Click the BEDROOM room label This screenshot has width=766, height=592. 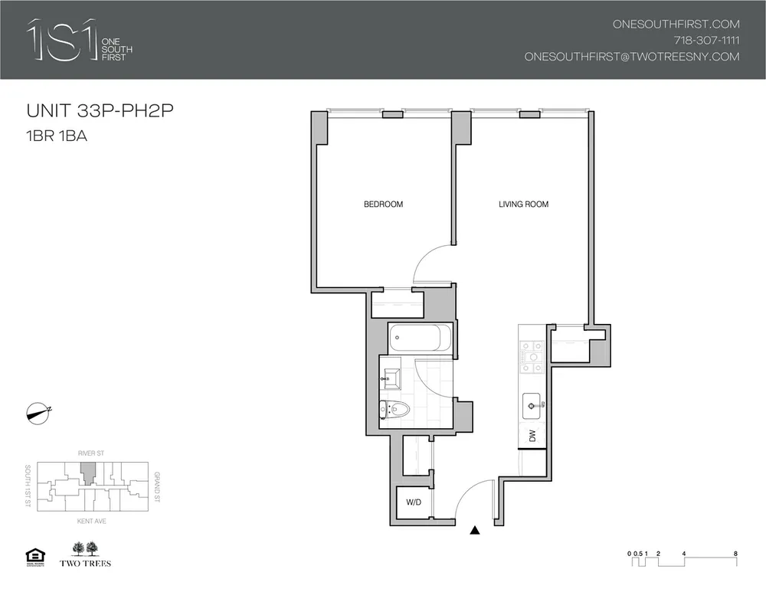[383, 204]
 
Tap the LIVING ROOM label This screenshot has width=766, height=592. [523, 204]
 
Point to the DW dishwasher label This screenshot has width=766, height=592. [532, 437]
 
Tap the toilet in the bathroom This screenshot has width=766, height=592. [394, 410]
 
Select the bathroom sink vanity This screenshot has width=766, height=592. [393, 377]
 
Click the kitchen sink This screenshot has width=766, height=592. [532, 404]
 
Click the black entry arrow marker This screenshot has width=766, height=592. [475, 529]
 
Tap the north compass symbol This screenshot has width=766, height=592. [37, 412]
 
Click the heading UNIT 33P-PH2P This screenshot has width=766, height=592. [100, 111]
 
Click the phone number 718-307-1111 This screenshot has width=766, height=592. [705, 40]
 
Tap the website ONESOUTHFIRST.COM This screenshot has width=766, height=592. [676, 24]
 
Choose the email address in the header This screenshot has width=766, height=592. [631, 57]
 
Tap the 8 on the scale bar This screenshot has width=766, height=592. [735, 553]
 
